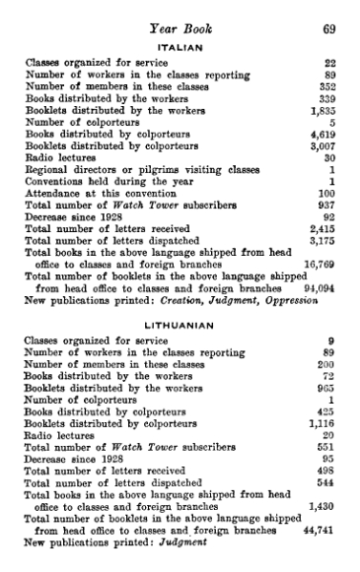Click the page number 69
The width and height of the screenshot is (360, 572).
(x=328, y=29)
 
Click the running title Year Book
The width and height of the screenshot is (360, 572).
(x=180, y=29)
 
